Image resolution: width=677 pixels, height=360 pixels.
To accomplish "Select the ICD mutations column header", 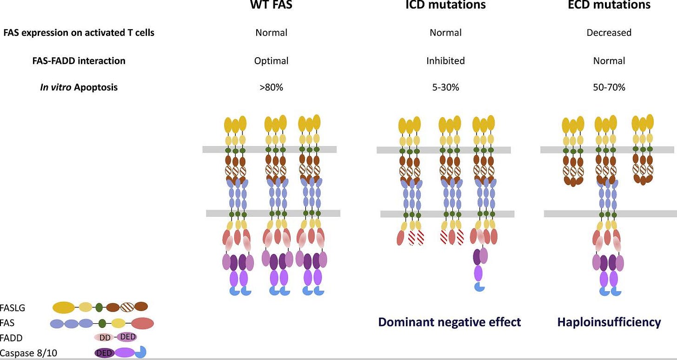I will point(445,5).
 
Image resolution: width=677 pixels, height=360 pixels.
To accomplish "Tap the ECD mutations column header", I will point(609,5).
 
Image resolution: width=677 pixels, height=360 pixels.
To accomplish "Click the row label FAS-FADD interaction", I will point(64,60).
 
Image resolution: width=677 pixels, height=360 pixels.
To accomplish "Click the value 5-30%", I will point(445,87).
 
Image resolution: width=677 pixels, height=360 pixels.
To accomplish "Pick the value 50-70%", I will point(609,87).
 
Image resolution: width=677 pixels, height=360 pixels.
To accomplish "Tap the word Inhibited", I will point(445,60).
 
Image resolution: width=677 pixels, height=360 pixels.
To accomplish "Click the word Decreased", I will point(609,33).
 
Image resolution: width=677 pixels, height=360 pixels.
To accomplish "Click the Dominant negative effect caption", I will point(449,322).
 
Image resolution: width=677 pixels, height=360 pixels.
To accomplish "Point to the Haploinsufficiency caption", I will point(609,322).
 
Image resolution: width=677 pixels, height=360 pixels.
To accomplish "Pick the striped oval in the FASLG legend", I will point(126,307).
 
